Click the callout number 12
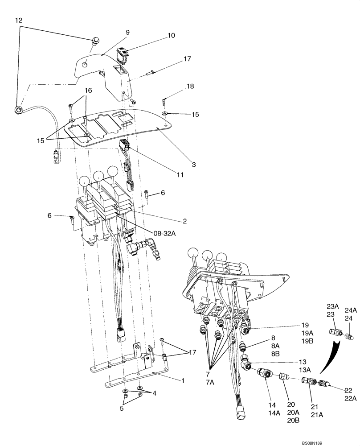tap(18, 20)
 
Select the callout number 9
tap(127, 32)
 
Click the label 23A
tap(333, 306)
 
